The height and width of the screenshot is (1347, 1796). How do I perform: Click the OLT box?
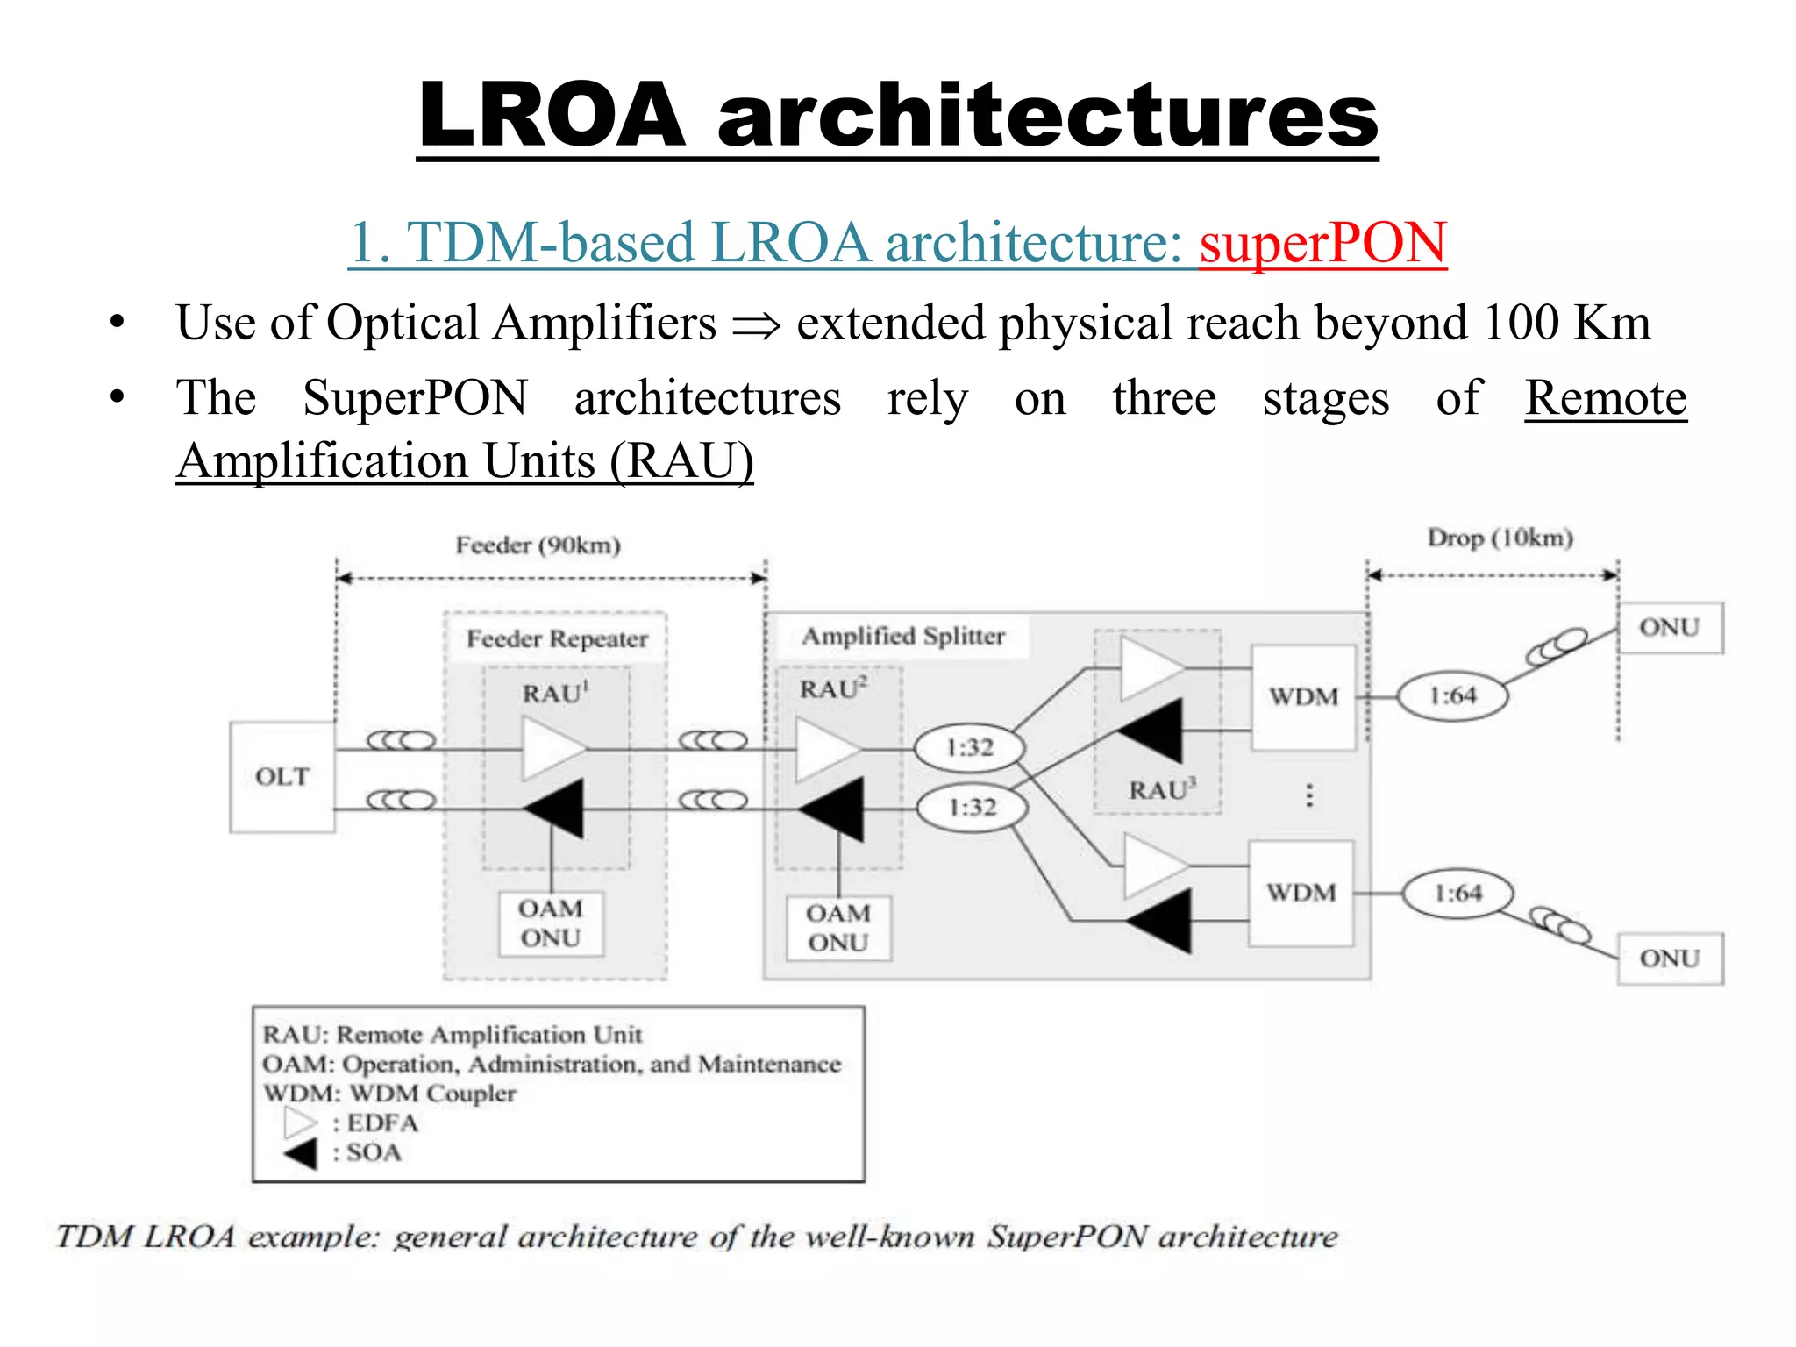(x=282, y=777)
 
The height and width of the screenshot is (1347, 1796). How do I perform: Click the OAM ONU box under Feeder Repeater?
(x=551, y=923)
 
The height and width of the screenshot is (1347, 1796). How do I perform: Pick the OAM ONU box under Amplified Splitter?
(x=838, y=928)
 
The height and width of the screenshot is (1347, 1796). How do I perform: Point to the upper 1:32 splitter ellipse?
(x=969, y=748)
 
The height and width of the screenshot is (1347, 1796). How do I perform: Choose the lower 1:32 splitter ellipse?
(x=972, y=808)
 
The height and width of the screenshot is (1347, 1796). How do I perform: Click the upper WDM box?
(x=1303, y=697)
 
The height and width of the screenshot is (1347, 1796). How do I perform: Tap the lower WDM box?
(x=1301, y=893)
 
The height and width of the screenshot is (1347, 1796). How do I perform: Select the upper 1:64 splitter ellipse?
(x=1452, y=696)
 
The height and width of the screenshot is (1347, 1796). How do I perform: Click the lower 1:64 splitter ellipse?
(x=1457, y=894)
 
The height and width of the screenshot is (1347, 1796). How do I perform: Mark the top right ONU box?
(x=1670, y=628)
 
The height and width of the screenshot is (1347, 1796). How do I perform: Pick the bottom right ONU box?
(x=1670, y=959)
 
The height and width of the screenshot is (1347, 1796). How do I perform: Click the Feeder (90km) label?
(x=538, y=545)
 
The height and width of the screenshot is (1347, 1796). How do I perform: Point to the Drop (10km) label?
(x=1500, y=538)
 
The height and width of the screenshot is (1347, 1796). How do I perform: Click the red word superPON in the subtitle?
(x=1322, y=243)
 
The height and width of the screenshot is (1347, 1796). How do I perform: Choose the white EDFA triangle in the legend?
(x=300, y=1122)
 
